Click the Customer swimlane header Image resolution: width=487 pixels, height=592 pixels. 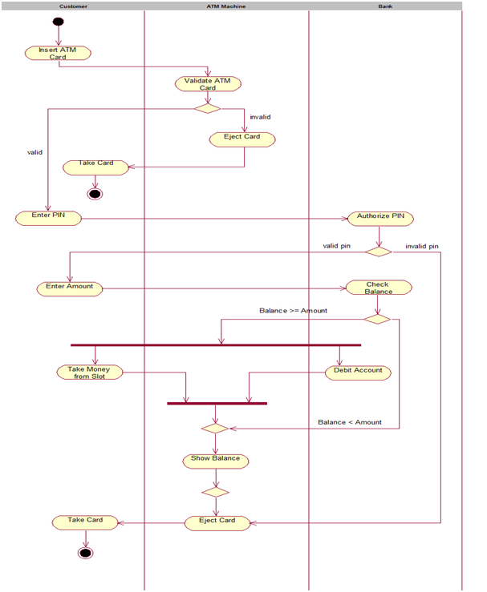73,6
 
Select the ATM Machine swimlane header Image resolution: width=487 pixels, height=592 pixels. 225,6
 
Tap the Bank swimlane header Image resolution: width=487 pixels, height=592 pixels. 385,6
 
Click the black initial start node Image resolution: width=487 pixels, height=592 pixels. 58,22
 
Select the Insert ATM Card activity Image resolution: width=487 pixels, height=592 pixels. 58,53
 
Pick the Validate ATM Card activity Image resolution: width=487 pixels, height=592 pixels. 208,83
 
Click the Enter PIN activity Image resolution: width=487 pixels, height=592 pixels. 48,217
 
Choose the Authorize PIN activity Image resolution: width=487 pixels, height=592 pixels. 380,218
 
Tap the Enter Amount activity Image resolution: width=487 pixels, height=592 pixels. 70,288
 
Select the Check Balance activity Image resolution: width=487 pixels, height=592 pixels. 378,288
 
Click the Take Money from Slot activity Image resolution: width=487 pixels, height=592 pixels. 90,372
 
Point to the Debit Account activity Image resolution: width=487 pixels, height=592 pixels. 358,372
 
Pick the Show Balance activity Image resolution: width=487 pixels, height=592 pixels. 215,460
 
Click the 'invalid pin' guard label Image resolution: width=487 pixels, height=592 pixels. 421,246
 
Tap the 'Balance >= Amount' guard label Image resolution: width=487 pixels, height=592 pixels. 293,310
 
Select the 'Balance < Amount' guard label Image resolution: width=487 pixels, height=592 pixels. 350,421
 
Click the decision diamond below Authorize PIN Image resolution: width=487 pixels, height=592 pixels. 379,252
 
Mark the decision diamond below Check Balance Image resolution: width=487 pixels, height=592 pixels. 377,319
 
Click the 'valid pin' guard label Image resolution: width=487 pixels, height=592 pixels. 336,246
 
